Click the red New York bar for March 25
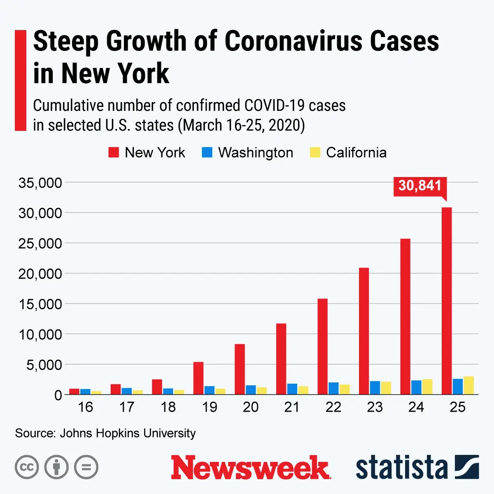tap(447, 301)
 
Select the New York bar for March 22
tap(323, 346)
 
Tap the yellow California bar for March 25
tap(468, 385)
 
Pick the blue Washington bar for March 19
tap(209, 390)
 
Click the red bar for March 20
tap(240, 369)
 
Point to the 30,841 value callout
tap(420, 186)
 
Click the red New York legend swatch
tap(114, 153)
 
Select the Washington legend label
tap(256, 153)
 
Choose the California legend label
tap(356, 153)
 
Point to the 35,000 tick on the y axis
tap(40, 183)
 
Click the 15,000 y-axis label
tap(40, 304)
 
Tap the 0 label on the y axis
tap(58, 395)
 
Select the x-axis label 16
tap(85, 407)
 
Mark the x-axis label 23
tap(375, 407)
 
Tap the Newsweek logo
tap(250, 468)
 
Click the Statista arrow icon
tap(467, 467)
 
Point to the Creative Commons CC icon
tap(27, 467)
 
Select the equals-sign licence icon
tap(86, 467)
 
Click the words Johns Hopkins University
tap(128, 433)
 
